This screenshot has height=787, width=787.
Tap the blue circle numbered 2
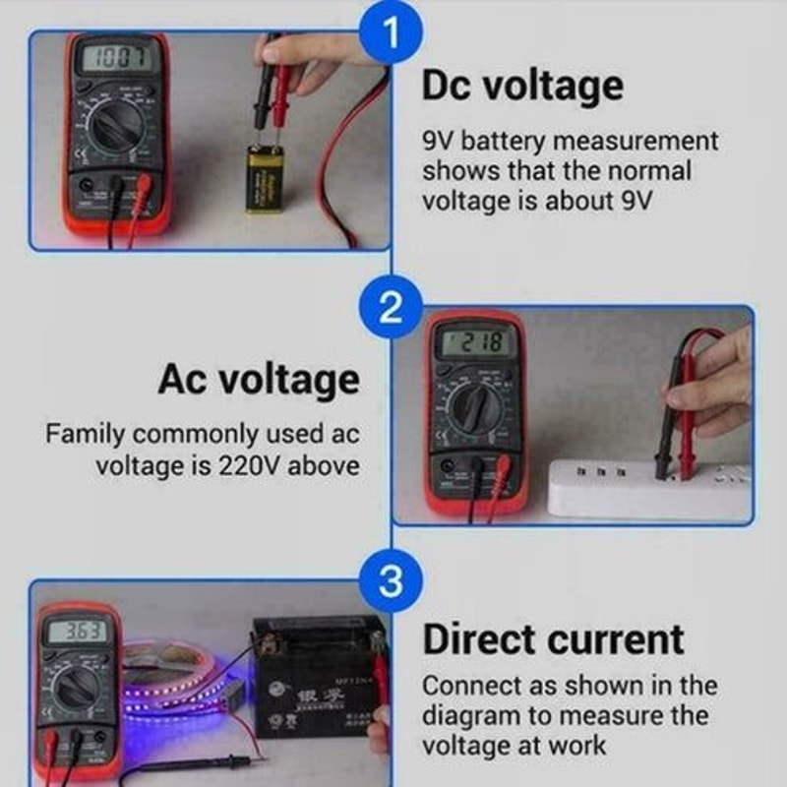click(x=391, y=309)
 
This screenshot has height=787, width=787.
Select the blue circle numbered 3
click(x=391, y=581)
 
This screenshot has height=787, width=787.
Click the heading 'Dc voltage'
click(x=522, y=86)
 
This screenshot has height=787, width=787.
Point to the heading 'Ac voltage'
click(x=259, y=380)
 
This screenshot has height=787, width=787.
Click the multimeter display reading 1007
click(x=114, y=59)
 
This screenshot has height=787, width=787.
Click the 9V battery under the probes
click(x=264, y=178)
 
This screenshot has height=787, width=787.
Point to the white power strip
click(x=649, y=486)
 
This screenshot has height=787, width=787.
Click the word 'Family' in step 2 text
click(x=85, y=434)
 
